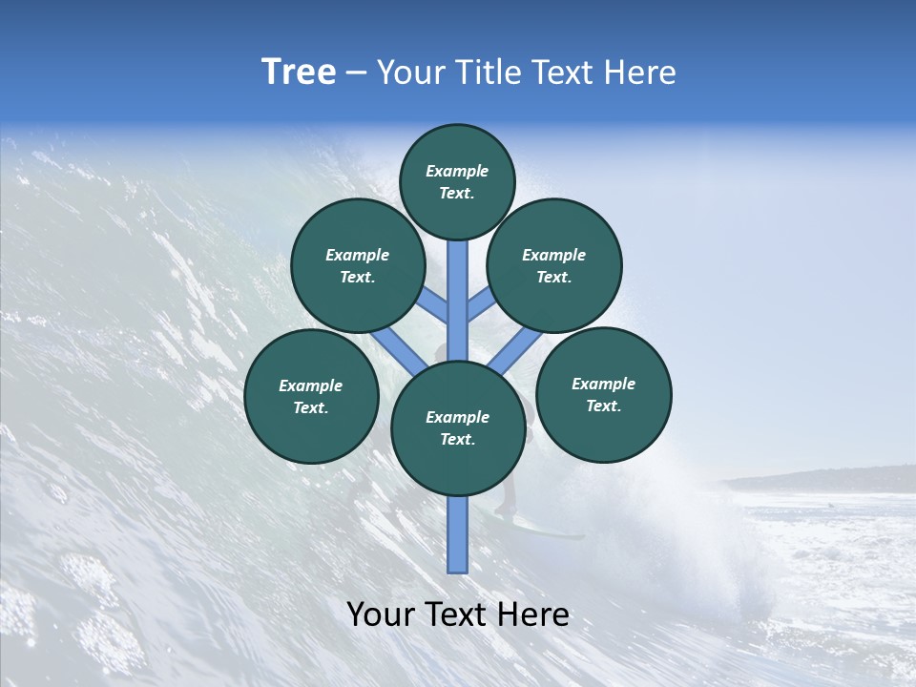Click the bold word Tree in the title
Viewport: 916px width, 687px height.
pos(299,73)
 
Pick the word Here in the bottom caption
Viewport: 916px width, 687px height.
pos(533,614)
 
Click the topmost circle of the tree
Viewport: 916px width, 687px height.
pos(457,181)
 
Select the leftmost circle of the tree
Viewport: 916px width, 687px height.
pos(311,396)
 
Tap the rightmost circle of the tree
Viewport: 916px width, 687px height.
pos(603,394)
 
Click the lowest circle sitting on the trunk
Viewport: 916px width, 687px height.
pos(458,428)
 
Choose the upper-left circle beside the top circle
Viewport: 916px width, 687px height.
pos(358,265)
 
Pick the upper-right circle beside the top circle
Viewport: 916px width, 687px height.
pos(553,265)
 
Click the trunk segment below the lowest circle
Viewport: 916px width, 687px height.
pos(458,534)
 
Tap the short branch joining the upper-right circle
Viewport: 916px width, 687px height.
pos(480,304)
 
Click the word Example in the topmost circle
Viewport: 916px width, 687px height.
pos(457,172)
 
